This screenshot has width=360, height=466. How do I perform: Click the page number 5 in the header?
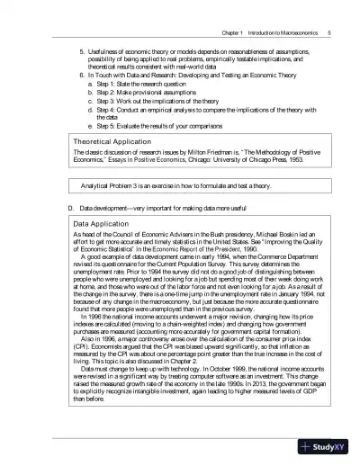coord(331,8)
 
